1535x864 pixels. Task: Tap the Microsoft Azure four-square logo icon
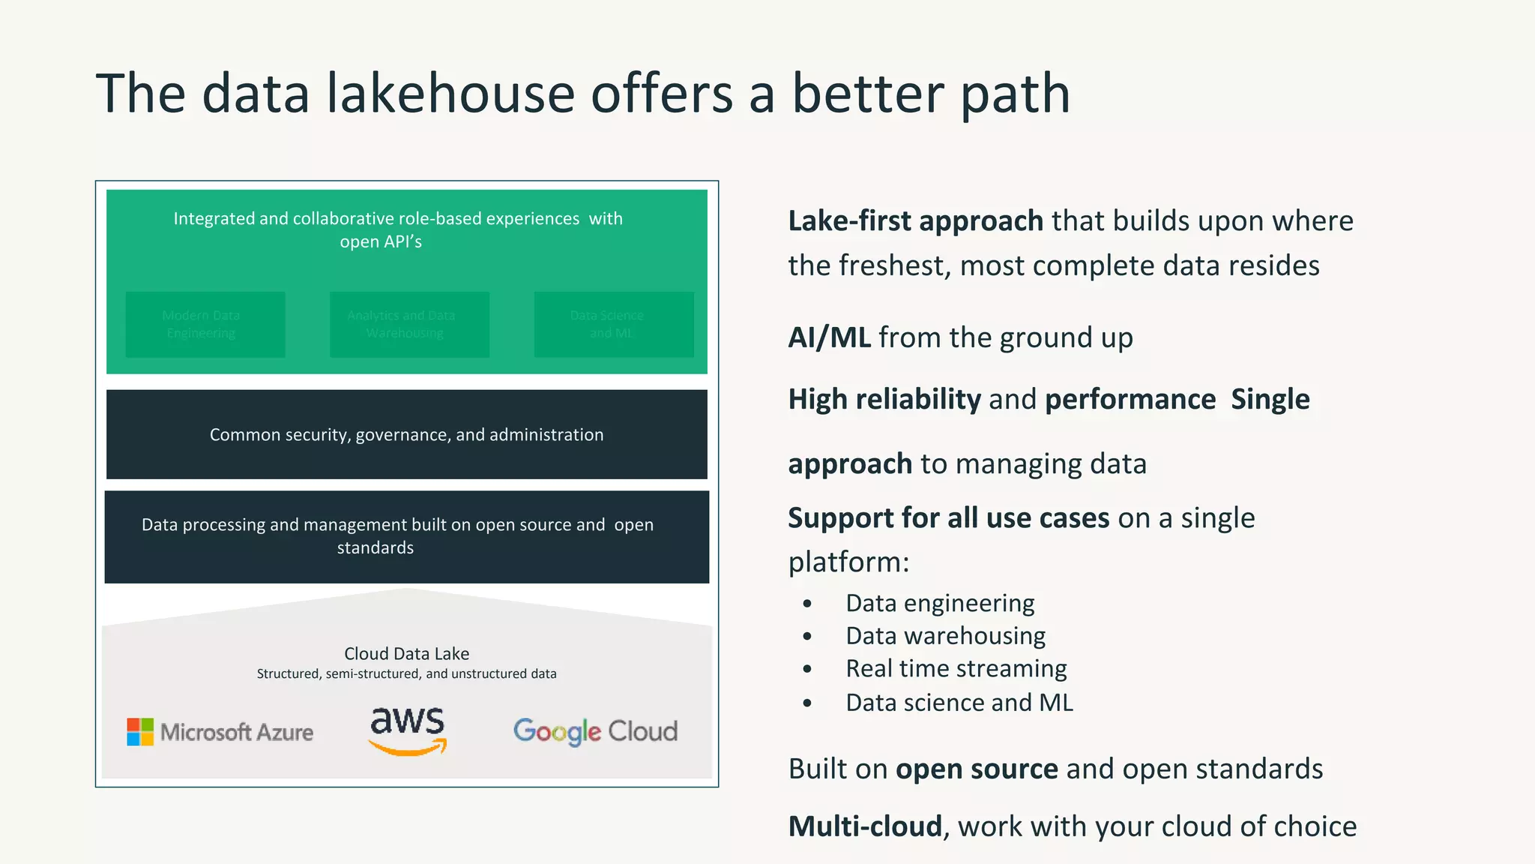(x=140, y=732)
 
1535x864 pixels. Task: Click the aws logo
(x=408, y=730)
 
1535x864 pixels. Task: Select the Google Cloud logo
(x=595, y=731)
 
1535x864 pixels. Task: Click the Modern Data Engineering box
(x=205, y=325)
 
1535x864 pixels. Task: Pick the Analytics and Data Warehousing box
(x=409, y=325)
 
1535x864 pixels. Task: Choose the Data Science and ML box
(x=614, y=325)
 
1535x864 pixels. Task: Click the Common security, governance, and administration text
(x=406, y=435)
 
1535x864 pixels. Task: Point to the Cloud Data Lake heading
(x=406, y=653)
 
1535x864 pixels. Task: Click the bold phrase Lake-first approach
(x=915, y=221)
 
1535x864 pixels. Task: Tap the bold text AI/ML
(x=829, y=337)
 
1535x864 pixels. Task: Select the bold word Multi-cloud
(x=865, y=826)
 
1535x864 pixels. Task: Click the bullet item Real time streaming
(x=956, y=668)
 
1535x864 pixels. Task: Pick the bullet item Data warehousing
(x=945, y=636)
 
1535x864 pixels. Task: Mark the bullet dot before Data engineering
(x=807, y=604)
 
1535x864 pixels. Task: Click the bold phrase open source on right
(x=977, y=769)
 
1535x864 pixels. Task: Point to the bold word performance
(x=1130, y=400)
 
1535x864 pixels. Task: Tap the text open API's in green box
(x=381, y=242)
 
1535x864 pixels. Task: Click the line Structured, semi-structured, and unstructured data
(x=406, y=673)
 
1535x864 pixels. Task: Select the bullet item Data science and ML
(x=959, y=703)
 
